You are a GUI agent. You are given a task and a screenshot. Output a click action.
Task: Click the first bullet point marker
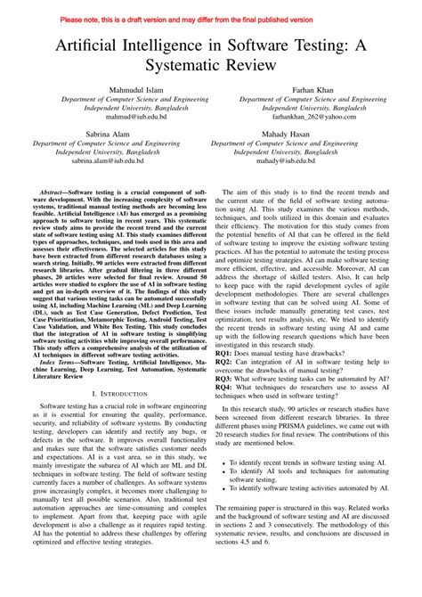[x=231, y=488]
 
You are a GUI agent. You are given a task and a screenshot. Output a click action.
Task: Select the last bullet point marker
[x=231, y=514]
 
